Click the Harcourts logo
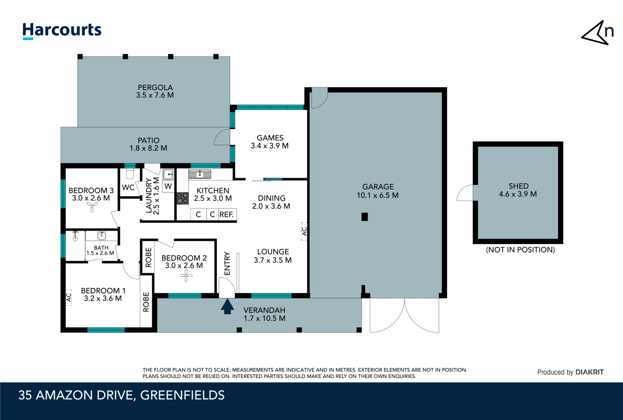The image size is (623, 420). coord(62,31)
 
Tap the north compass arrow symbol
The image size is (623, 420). coord(597,33)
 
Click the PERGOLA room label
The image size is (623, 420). coord(155,88)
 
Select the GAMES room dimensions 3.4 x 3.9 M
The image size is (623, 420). coord(270,146)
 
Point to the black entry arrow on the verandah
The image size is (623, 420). coord(227,306)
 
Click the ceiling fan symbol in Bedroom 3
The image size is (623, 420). coord(92,206)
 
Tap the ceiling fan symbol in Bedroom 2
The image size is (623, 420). coord(186,276)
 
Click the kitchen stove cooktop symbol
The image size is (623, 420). coord(183,198)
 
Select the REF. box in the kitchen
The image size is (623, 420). coord(227,214)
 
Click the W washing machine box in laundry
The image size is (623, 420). coord(168,186)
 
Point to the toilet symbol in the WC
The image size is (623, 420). coord(130,174)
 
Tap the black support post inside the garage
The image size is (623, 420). coord(365,217)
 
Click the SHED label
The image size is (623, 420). coord(519,186)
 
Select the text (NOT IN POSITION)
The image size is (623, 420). coord(520,250)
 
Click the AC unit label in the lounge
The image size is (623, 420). coord(304,231)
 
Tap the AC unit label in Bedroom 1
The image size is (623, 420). coord(69,298)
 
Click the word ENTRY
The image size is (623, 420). coord(227,264)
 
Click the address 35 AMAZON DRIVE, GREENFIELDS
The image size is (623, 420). coord(121,395)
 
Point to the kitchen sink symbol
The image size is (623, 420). coord(200,174)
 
